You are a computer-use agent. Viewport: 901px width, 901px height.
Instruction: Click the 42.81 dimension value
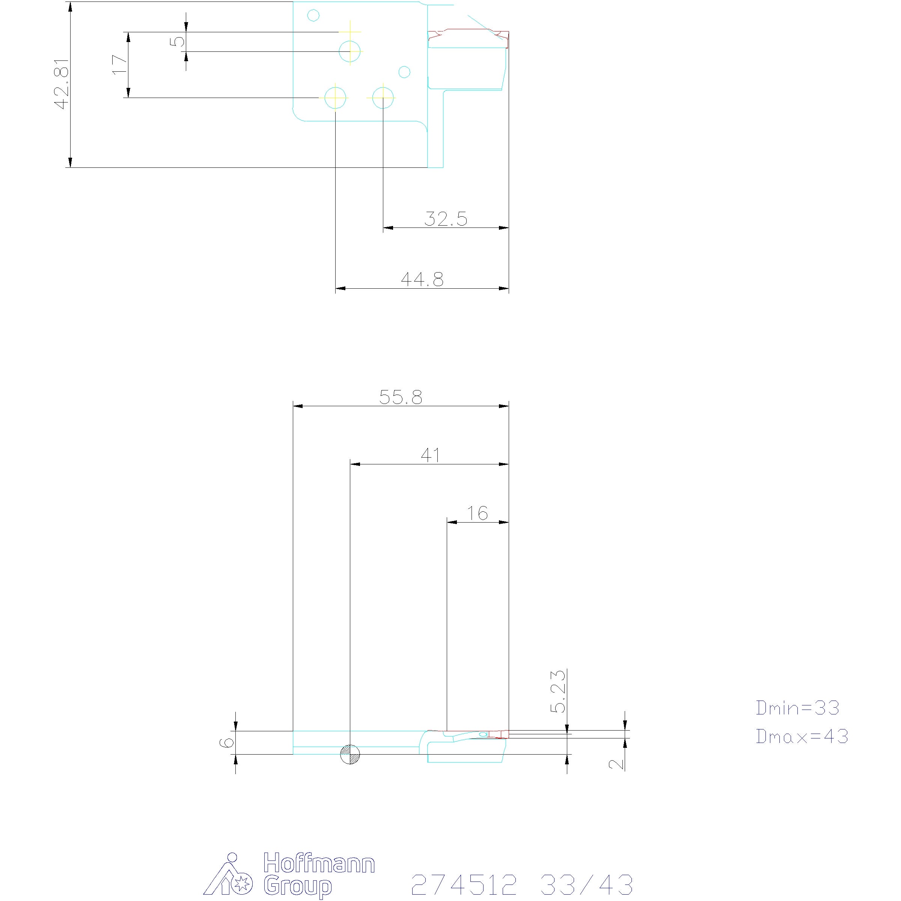pos(62,84)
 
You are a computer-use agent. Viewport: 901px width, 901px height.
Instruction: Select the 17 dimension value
pos(120,64)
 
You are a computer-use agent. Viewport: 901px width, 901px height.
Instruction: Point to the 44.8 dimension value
pos(422,279)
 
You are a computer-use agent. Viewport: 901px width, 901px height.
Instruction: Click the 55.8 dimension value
pos(401,397)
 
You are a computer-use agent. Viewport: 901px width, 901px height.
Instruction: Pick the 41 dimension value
pos(431,455)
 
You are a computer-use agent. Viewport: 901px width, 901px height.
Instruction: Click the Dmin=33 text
pos(797,708)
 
